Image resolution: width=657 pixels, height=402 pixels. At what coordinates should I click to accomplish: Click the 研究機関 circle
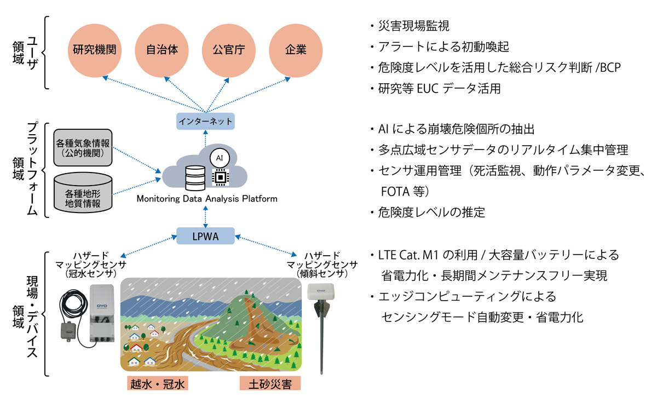pyautogui.click(x=95, y=50)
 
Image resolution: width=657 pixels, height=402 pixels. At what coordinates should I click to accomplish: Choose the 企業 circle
pyautogui.click(x=296, y=50)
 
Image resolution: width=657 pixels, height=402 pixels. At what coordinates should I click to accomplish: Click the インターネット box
pyautogui.click(x=206, y=121)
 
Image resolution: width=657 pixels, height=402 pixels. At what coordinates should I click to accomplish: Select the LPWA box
pyautogui.click(x=206, y=236)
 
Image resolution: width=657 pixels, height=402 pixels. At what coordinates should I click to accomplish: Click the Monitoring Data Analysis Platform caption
pyautogui.click(x=206, y=199)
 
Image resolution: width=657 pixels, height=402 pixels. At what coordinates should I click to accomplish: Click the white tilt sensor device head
pyautogui.click(x=321, y=292)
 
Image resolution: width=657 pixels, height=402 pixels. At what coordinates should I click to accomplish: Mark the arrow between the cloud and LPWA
pyautogui.click(x=206, y=216)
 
